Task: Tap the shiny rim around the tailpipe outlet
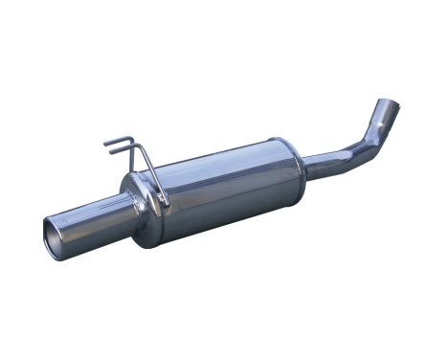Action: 46,230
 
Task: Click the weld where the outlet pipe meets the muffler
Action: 127,203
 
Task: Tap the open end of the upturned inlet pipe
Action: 389,102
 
